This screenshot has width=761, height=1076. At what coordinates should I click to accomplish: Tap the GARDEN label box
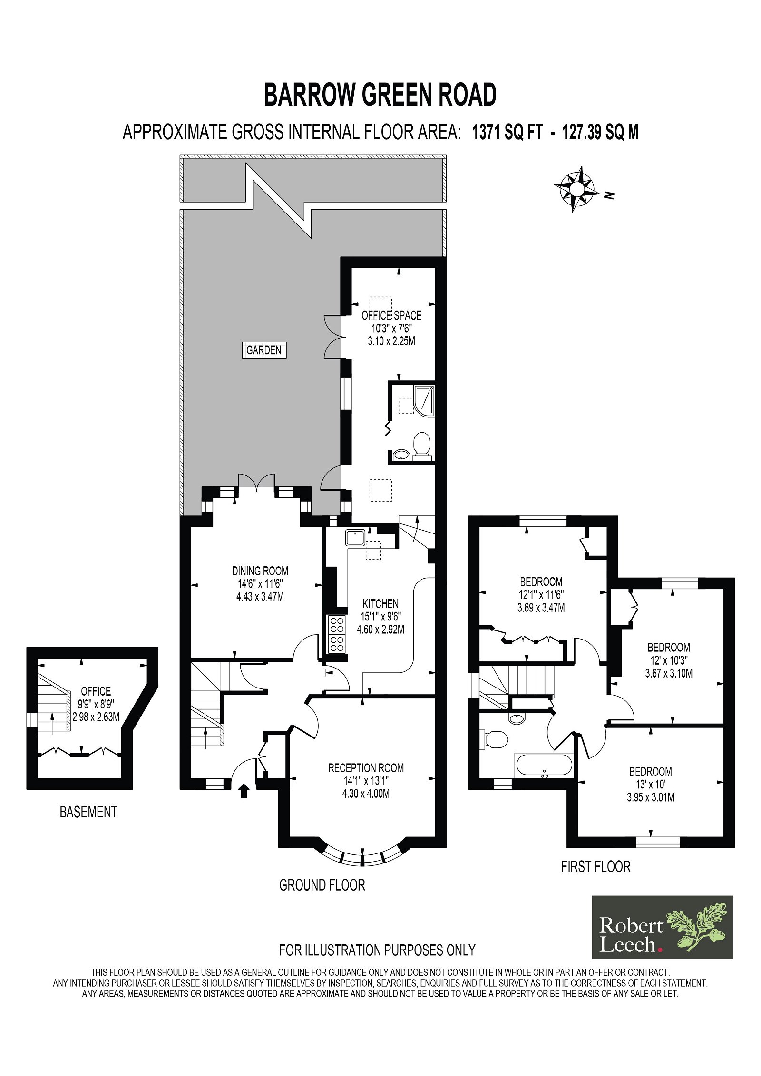click(x=264, y=350)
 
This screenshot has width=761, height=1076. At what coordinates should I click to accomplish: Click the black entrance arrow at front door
click(x=244, y=791)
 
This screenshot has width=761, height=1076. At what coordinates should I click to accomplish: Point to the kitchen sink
click(x=356, y=537)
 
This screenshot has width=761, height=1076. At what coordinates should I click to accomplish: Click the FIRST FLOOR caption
click(x=595, y=866)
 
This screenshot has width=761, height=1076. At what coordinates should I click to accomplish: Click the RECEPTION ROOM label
click(x=366, y=767)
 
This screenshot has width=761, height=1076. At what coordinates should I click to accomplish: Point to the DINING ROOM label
click(x=260, y=571)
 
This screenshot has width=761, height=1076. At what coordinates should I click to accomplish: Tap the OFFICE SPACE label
click(x=391, y=315)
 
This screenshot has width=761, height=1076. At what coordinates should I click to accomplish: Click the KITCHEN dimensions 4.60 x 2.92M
click(x=380, y=630)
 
